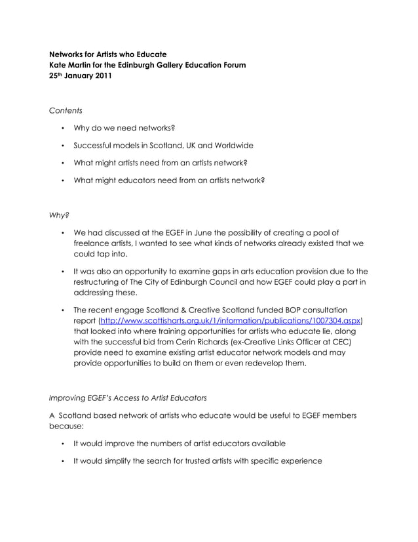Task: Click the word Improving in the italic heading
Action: point(69,397)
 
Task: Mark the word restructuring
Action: point(102,281)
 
